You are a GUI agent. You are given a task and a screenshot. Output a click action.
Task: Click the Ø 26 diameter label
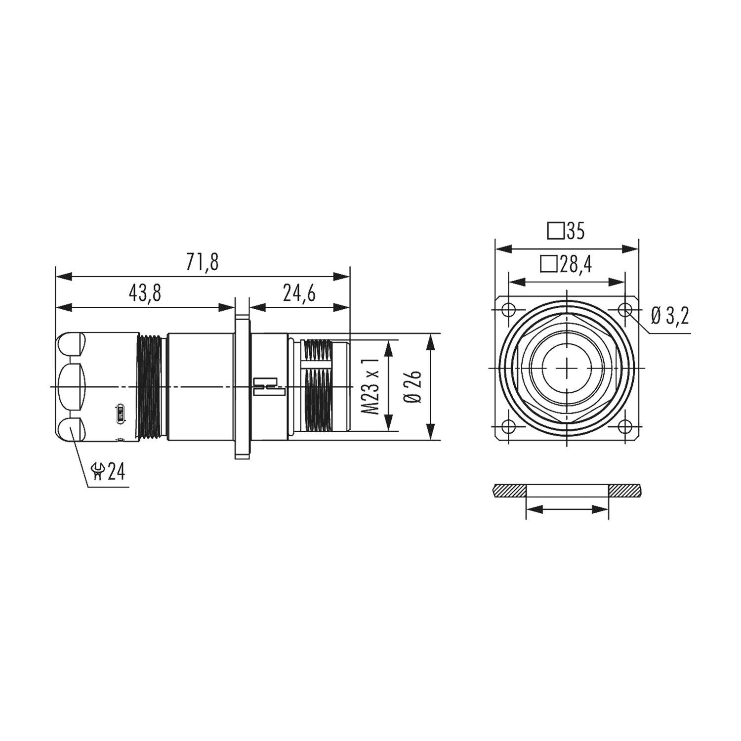tap(413, 386)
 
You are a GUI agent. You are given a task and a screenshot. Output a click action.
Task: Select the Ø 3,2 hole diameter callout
tap(670, 315)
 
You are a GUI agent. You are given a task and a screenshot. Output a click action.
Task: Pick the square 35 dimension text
tap(566, 231)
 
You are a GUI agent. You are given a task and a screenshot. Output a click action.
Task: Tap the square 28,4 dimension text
tap(566, 265)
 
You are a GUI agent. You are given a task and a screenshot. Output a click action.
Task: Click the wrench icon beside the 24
tap(98, 472)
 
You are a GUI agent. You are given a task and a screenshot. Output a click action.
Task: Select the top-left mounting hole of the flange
tap(507, 310)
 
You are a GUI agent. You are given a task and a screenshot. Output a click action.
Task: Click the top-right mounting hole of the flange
tap(626, 310)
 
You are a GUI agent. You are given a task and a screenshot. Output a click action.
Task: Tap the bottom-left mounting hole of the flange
tap(507, 426)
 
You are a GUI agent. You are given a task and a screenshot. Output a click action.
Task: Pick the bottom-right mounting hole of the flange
tap(626, 426)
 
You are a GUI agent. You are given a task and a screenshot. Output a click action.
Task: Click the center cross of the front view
tap(567, 368)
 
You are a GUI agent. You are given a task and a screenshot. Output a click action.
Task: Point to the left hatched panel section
tap(509, 491)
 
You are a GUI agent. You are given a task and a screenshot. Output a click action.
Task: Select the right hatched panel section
tap(624, 491)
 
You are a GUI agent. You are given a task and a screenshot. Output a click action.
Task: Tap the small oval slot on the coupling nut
tap(119, 414)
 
